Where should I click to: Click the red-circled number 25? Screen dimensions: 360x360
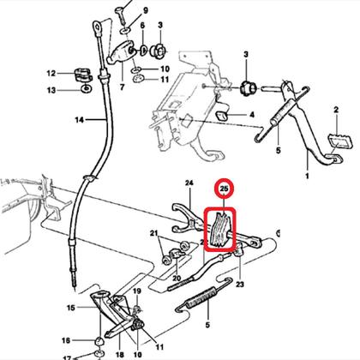pyautogui.click(x=225, y=189)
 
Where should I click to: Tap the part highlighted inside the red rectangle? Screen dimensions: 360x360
pyautogui.click(x=219, y=230)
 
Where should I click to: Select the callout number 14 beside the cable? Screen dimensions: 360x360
pyautogui.click(x=80, y=120)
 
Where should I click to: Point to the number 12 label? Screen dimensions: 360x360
pyautogui.click(x=51, y=74)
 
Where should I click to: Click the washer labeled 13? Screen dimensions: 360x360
pyautogui.click(x=86, y=89)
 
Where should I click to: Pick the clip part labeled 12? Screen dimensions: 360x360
pyautogui.click(x=83, y=75)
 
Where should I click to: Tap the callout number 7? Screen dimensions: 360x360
pyautogui.click(x=122, y=87)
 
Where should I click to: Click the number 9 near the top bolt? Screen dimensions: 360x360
pyautogui.click(x=146, y=11)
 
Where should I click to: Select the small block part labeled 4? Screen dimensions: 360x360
pyautogui.click(x=222, y=116)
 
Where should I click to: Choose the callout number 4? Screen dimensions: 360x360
pyautogui.click(x=252, y=115)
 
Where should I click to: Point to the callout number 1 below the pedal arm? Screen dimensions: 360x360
pyautogui.click(x=307, y=176)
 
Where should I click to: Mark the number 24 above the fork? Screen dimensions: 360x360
pyautogui.click(x=189, y=183)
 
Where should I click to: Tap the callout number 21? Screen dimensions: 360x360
pyautogui.click(x=154, y=233)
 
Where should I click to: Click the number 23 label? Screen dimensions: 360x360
pyautogui.click(x=239, y=285)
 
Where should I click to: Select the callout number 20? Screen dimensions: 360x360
pyautogui.click(x=177, y=279)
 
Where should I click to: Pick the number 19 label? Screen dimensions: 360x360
pyautogui.click(x=137, y=291)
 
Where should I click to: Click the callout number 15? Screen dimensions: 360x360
pyautogui.click(x=71, y=308)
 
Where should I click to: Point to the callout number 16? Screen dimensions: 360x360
pyautogui.click(x=66, y=340)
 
